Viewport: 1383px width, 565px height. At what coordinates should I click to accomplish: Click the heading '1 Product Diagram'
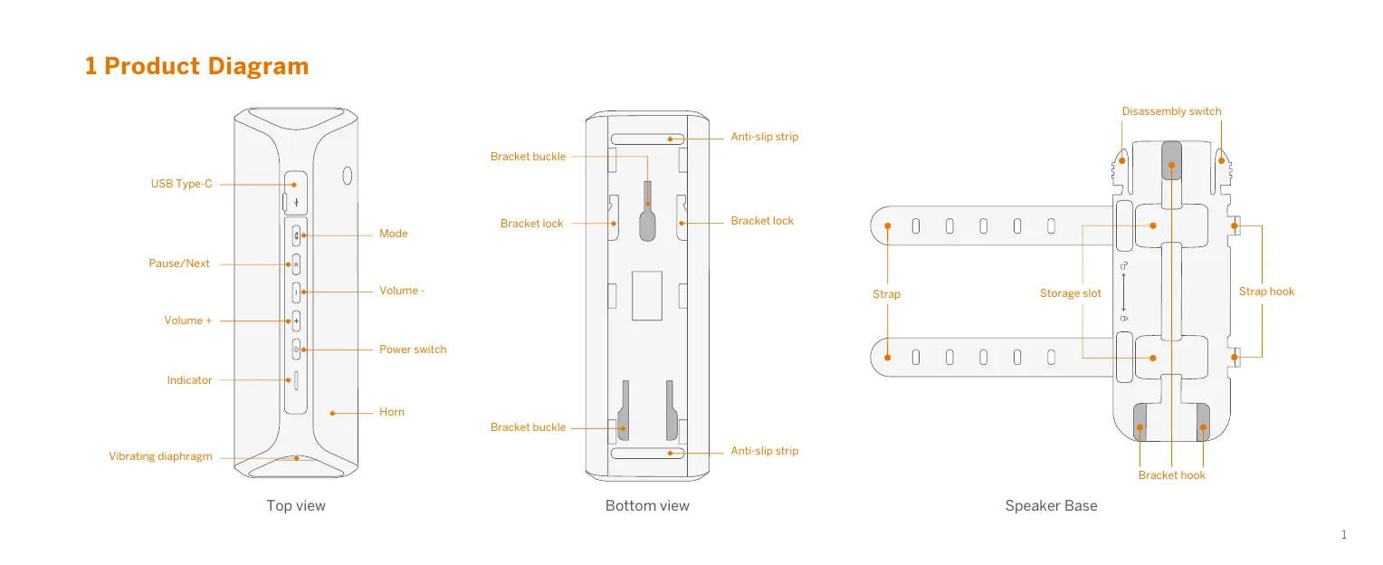pyautogui.click(x=196, y=66)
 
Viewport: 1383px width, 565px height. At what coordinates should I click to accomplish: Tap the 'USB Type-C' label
pyautogui.click(x=181, y=184)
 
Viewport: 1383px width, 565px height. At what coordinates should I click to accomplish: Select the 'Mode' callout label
pyautogui.click(x=393, y=234)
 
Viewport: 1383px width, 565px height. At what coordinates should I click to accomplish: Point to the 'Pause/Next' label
pyautogui.click(x=178, y=263)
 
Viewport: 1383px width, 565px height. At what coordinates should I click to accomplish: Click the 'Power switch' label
pyautogui.click(x=412, y=350)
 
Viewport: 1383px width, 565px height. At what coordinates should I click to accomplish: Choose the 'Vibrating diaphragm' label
pyautogui.click(x=160, y=456)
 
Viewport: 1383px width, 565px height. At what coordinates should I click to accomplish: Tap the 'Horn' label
pyautogui.click(x=391, y=412)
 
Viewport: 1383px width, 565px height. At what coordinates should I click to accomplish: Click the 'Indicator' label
pyautogui.click(x=189, y=380)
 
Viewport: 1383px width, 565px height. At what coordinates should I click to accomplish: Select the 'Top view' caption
pyautogui.click(x=295, y=506)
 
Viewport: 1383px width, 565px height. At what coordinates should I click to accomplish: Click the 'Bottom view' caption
pyautogui.click(x=647, y=506)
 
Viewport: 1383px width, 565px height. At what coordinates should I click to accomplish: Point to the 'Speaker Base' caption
pyautogui.click(x=1051, y=506)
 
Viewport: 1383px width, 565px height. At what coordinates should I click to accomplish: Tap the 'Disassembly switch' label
pyautogui.click(x=1171, y=111)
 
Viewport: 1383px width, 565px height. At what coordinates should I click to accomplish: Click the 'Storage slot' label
pyautogui.click(x=1070, y=293)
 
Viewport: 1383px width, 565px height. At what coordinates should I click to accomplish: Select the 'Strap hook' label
pyautogui.click(x=1266, y=292)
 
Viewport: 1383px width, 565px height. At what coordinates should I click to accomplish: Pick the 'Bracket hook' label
pyautogui.click(x=1171, y=475)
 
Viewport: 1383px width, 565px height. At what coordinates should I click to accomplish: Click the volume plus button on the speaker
pyautogui.click(x=296, y=321)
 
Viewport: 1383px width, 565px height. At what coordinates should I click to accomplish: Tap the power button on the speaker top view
pyautogui.click(x=296, y=350)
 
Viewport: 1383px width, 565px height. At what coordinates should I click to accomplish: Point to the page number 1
pyautogui.click(x=1344, y=535)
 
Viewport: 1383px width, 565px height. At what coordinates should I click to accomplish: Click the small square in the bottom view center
pyautogui.click(x=647, y=295)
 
